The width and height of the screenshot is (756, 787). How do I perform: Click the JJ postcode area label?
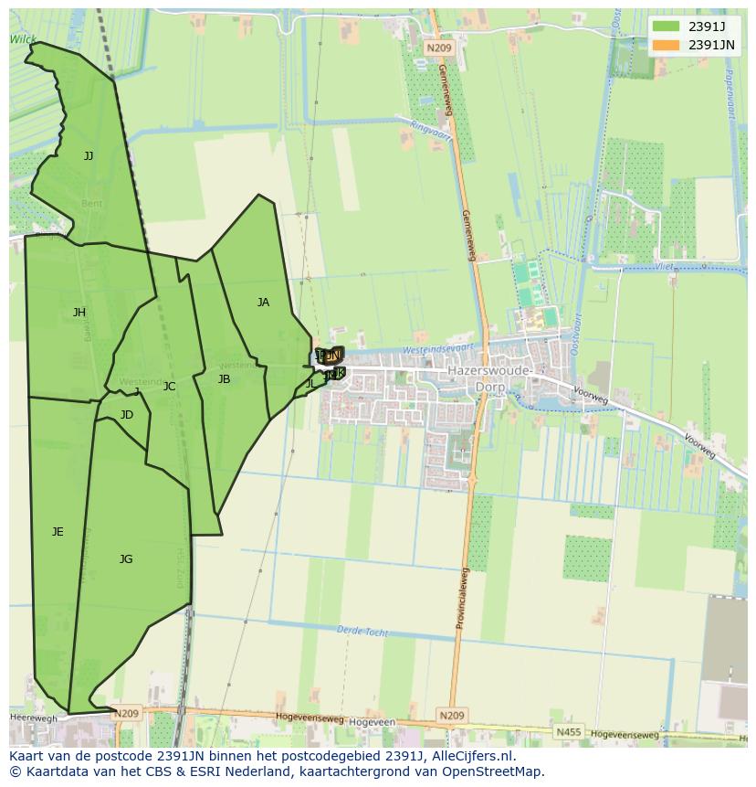pyautogui.click(x=89, y=156)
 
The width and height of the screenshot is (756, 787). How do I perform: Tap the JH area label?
pyautogui.click(x=79, y=313)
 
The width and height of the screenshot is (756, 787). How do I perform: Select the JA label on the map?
pyautogui.click(x=263, y=303)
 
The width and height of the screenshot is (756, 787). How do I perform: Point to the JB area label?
pyautogui.click(x=224, y=379)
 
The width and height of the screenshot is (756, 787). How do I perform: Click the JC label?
pyautogui.click(x=169, y=387)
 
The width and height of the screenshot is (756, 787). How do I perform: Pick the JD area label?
pyautogui.click(x=126, y=415)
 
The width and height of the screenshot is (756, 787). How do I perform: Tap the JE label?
pyautogui.click(x=58, y=532)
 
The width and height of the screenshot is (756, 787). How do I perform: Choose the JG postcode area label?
pyautogui.click(x=126, y=559)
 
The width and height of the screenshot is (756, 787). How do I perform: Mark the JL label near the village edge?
pyautogui.click(x=310, y=384)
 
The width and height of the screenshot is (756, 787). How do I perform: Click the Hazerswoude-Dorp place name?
pyautogui.click(x=489, y=379)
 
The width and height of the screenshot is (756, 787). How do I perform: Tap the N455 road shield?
pyautogui.click(x=568, y=732)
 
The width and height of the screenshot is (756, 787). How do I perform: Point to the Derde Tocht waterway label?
pyautogui.click(x=362, y=632)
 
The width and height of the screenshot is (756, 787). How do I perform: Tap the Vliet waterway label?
pyautogui.click(x=666, y=266)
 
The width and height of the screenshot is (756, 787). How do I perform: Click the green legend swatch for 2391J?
pyautogui.click(x=667, y=27)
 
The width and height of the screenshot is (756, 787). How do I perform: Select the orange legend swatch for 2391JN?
pyautogui.click(x=667, y=45)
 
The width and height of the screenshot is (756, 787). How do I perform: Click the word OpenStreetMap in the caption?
pyautogui.click(x=498, y=771)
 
